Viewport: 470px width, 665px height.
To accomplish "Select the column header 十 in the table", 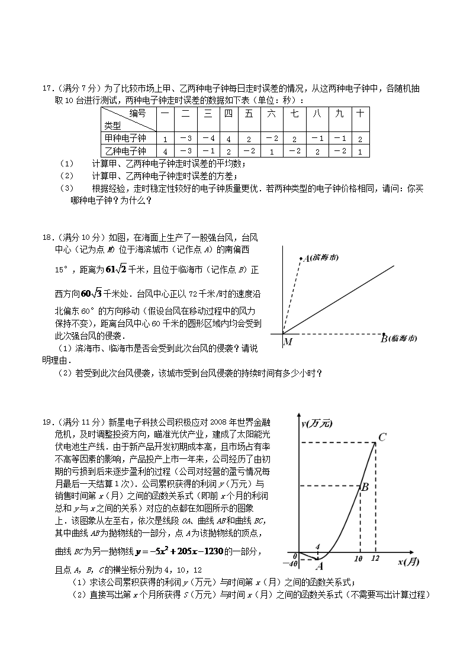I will (x=359, y=114).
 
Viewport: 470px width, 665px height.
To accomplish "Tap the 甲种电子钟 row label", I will (x=125, y=138).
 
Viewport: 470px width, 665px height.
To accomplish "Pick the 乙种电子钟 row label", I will (x=125, y=151).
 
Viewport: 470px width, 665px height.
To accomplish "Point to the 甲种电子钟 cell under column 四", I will (x=228, y=139).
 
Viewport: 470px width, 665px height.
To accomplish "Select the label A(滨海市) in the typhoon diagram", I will (x=322, y=258).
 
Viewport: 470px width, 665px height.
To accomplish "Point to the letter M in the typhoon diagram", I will (x=288, y=342).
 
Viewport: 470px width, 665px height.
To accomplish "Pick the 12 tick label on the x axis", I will (x=375, y=558).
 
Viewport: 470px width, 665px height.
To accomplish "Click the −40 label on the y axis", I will (x=290, y=563).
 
